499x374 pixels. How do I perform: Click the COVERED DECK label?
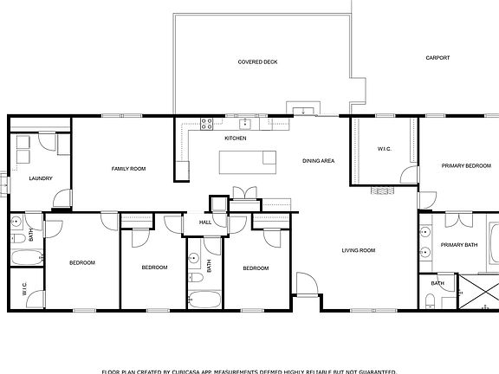coord(258,62)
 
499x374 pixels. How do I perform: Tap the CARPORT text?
coord(437,58)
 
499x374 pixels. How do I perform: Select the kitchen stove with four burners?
coord(208,124)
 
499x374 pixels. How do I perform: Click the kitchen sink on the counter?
coord(245,123)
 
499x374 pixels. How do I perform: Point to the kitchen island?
coord(248,160)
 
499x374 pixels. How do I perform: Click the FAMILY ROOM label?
coord(127,168)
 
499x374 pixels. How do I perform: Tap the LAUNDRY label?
coord(41,178)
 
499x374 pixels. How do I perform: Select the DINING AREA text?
coord(318,161)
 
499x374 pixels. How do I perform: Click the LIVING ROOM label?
coord(358,250)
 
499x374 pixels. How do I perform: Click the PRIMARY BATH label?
coord(458,245)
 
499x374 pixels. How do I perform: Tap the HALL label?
coord(205,222)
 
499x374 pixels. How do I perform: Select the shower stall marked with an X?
coord(477,291)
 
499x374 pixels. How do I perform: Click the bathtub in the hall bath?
coord(204,300)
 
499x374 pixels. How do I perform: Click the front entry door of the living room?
coord(305,284)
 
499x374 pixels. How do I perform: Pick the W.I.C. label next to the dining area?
coord(385,149)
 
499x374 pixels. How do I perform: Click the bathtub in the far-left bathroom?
coord(26,257)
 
